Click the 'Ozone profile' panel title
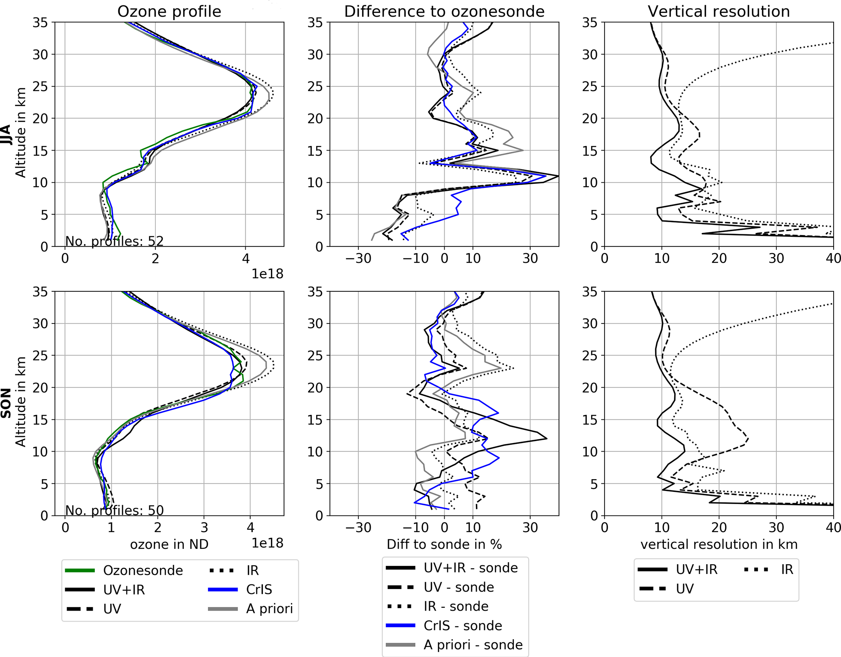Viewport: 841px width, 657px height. click(x=169, y=11)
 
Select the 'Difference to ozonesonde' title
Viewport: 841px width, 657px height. click(x=444, y=11)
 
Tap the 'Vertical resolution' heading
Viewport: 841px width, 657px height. click(x=719, y=11)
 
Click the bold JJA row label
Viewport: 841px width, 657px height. click(x=6, y=134)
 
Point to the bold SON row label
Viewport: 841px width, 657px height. click(x=6, y=403)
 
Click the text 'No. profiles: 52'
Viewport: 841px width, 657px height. click(x=114, y=241)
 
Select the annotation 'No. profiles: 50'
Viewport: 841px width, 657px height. click(x=114, y=510)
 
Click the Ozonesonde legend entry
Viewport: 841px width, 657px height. click(x=143, y=570)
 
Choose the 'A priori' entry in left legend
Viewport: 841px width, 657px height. click(x=269, y=609)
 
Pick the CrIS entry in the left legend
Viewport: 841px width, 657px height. click(x=259, y=589)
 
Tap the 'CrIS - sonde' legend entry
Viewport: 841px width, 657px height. click(x=463, y=626)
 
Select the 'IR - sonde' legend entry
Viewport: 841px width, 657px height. click(x=456, y=606)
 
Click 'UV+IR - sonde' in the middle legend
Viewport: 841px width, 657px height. click(x=470, y=568)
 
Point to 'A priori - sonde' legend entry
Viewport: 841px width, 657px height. click(x=473, y=645)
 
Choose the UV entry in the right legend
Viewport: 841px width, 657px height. click(x=684, y=589)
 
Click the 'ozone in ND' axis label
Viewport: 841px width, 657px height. click(x=169, y=544)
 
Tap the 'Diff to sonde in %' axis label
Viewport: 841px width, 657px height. click(x=444, y=544)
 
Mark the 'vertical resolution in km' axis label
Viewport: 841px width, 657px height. click(x=719, y=544)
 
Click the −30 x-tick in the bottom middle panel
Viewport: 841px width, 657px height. click(x=358, y=528)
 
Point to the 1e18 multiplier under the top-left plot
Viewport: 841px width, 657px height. click(x=267, y=274)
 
